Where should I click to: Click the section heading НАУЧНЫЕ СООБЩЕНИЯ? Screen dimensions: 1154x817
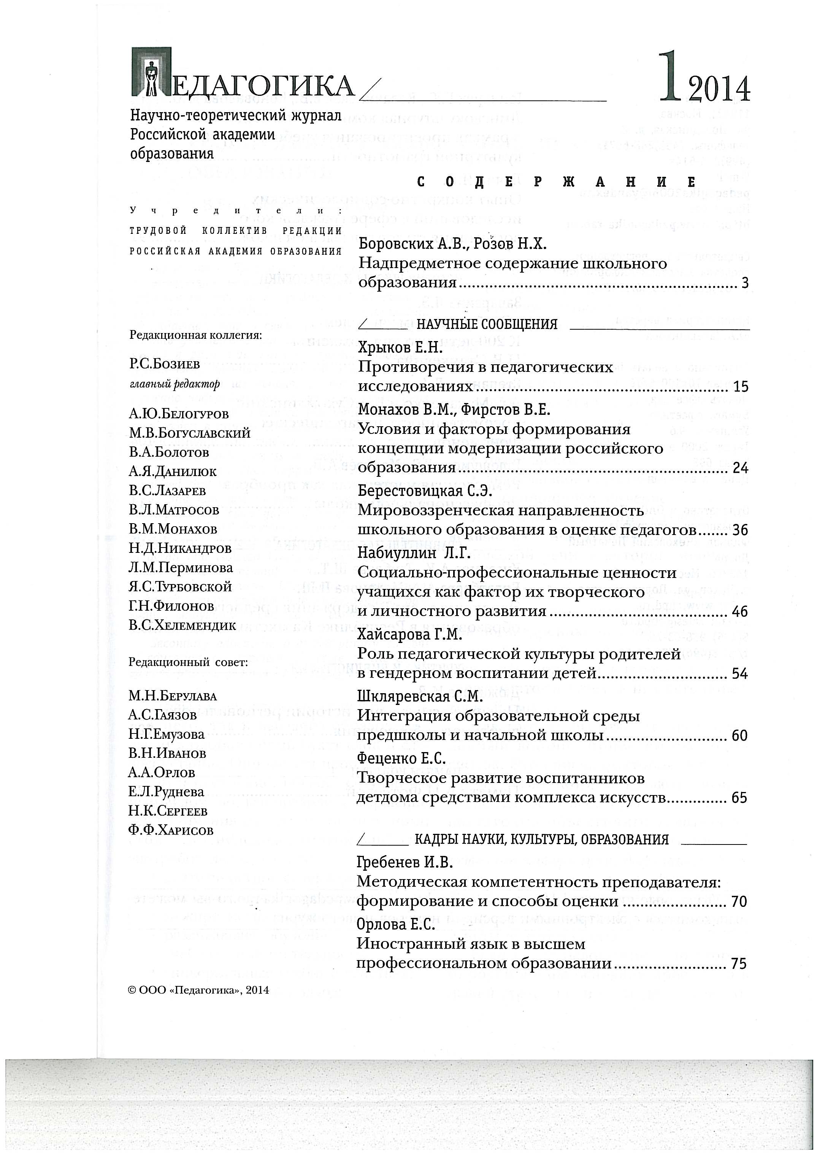click(x=487, y=324)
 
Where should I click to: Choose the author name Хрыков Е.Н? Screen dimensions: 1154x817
click(x=400, y=348)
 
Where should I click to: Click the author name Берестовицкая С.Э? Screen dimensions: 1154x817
click(x=425, y=491)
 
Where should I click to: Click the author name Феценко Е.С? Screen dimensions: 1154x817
click(x=401, y=758)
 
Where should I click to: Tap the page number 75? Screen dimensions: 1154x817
click(x=739, y=964)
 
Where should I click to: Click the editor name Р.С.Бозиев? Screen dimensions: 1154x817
click(x=164, y=364)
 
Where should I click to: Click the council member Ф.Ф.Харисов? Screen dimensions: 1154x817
click(x=171, y=830)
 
